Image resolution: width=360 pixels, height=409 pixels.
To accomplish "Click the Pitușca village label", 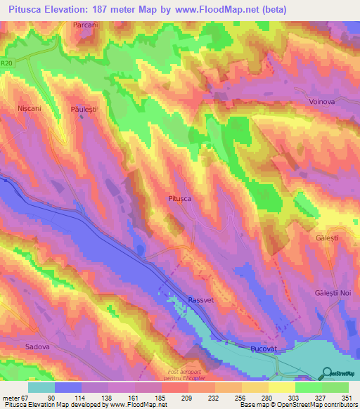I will pyautogui.click(x=179, y=199).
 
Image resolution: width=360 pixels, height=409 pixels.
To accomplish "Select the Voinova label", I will pyautogui.click(x=323, y=101).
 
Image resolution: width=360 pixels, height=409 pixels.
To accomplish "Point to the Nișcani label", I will pyautogui.click(x=30, y=110).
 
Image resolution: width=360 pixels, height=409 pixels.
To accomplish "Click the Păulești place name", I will pyautogui.click(x=83, y=110).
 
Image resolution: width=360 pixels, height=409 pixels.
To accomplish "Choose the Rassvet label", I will pyautogui.click(x=201, y=300).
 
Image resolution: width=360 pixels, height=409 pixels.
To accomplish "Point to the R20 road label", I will pyautogui.click(x=8, y=63).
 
